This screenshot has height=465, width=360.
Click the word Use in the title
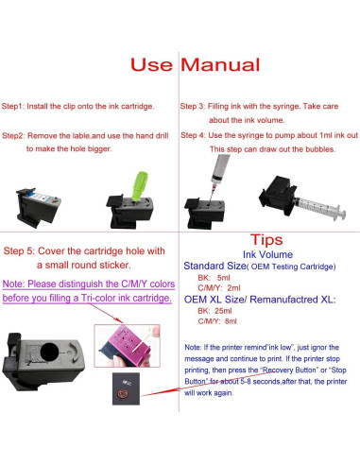(x=153, y=66)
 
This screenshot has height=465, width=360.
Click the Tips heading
(x=268, y=240)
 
